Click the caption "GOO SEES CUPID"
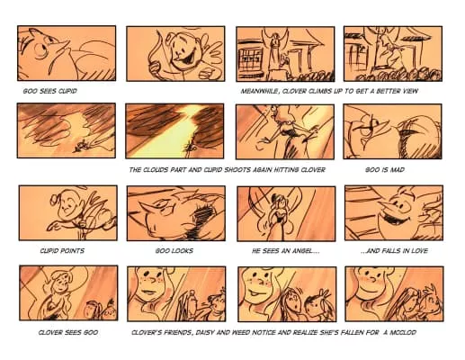(x=49, y=91)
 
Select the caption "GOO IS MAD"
(x=385, y=170)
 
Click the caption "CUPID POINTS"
(x=62, y=250)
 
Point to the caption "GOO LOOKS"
(x=174, y=250)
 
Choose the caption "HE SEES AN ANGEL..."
(x=285, y=250)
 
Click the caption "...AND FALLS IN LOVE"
(x=394, y=250)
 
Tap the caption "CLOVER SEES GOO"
(x=68, y=332)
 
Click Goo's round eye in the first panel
(x=40, y=50)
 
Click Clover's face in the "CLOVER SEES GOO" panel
(x=61, y=284)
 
